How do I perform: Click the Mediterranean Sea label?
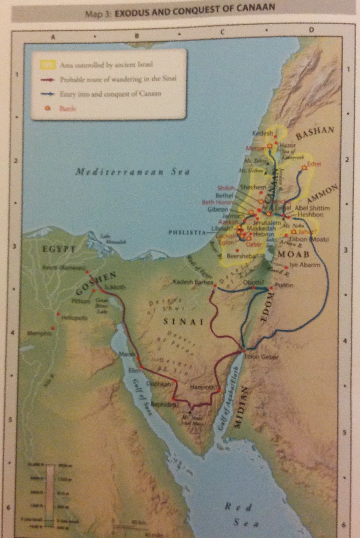tap(132, 171)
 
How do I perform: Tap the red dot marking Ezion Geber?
tap(244, 352)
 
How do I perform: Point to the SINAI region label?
tap(184, 321)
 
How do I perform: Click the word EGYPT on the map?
tap(59, 249)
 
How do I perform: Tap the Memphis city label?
tap(40, 333)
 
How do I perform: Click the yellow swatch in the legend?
tap(48, 64)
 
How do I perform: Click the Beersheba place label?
tap(241, 256)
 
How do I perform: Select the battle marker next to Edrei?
tap(304, 167)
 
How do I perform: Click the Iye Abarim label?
tap(305, 265)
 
